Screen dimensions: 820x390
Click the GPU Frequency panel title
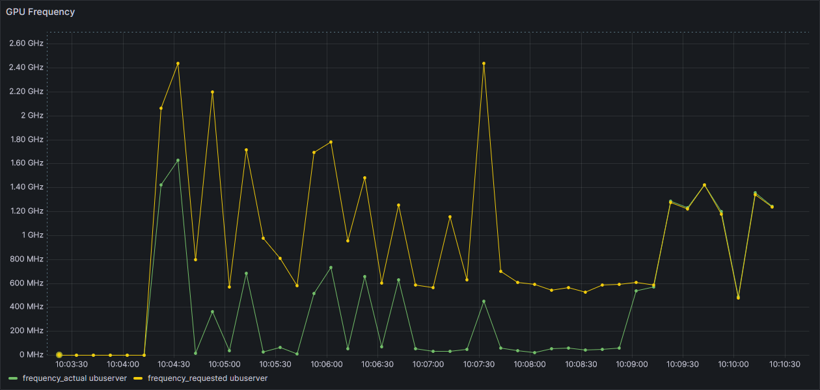40,12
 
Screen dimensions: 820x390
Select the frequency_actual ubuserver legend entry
68,378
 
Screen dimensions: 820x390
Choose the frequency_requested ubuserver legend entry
200,378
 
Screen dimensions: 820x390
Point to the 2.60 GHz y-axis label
26,43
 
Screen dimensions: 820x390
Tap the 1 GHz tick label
33,235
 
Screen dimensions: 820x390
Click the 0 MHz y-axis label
31,354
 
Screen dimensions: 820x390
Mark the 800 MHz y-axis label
27,259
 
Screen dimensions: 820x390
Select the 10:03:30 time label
72,365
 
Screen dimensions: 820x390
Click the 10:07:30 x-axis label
479,365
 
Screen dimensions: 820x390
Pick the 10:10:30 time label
785,365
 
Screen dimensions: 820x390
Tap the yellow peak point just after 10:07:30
484,64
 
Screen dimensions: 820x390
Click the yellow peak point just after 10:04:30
178,64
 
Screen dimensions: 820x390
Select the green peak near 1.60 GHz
178,161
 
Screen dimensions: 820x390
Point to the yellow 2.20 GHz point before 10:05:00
212,92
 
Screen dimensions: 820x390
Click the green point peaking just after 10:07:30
484,302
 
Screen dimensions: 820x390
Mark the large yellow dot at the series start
59,355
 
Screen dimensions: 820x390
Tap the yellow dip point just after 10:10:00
739,298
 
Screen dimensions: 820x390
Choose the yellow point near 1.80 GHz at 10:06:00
331,142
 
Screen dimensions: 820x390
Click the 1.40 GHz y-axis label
26,187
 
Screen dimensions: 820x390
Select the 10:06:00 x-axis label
327,365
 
